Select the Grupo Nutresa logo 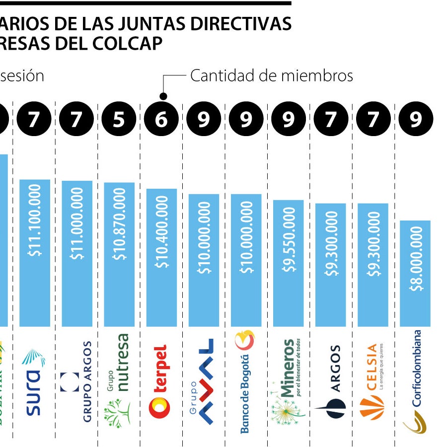pyautogui.click(x=118, y=380)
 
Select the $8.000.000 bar pyautogui.click(x=415, y=273)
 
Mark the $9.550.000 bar pyautogui.click(x=288, y=263)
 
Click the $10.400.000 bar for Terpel pyautogui.click(x=161, y=258)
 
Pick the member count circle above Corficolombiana pyautogui.click(x=416, y=120)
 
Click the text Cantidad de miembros pyautogui.click(x=271, y=76)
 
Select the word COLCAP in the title pyautogui.click(x=128, y=44)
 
